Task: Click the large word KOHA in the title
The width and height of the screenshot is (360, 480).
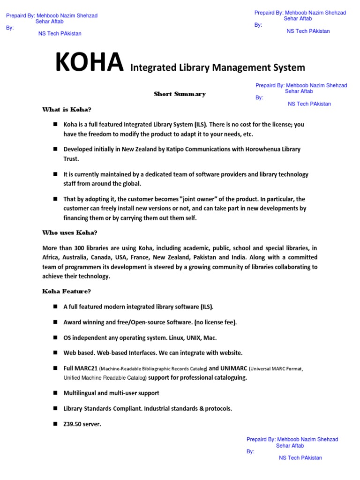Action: pyautogui.click(x=90, y=63)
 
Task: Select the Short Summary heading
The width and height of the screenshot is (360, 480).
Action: pyautogui.click(x=180, y=94)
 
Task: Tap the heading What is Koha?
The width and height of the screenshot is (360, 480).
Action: pyautogui.click(x=67, y=110)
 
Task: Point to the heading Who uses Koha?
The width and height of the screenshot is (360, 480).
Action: pyautogui.click(x=70, y=232)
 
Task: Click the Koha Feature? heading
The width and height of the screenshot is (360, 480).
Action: pyautogui.click(x=67, y=292)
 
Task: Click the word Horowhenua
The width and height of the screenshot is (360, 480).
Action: pyautogui.click(x=269, y=150)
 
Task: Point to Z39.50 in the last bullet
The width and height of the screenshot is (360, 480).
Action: pyautogui.click(x=72, y=424)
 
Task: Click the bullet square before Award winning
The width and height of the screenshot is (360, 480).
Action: pyautogui.click(x=55, y=322)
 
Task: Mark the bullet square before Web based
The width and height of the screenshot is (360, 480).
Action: pyautogui.click(x=55, y=352)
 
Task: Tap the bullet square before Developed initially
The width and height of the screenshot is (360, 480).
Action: pyautogui.click(x=55, y=149)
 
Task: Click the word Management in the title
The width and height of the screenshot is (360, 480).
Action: pyautogui.click(x=239, y=67)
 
